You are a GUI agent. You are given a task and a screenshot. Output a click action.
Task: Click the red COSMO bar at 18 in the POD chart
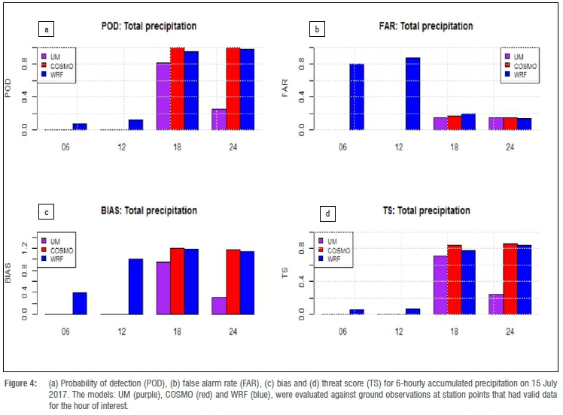tap(178, 89)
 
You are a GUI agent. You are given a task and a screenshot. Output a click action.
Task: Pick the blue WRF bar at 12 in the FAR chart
tap(412, 93)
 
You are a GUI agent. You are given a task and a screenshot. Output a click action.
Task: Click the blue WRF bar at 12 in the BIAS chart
tap(135, 286)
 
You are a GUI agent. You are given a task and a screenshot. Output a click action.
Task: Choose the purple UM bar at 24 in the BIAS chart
tap(219, 305)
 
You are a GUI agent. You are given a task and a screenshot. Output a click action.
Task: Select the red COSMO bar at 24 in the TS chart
tap(509, 279)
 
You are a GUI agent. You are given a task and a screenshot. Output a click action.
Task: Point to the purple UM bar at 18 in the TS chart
tap(440, 285)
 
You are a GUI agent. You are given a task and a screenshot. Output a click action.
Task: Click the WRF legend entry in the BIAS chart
tap(63, 258)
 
